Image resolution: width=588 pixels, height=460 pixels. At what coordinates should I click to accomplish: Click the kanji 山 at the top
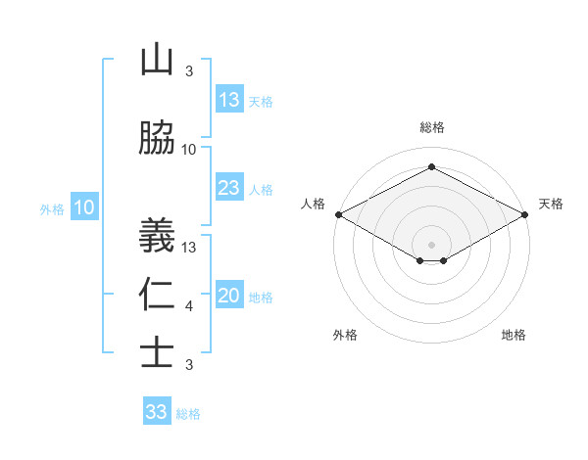point(157,61)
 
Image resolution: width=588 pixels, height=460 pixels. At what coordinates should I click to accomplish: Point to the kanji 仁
point(157,296)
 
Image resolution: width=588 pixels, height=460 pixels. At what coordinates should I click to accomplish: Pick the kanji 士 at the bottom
point(157,352)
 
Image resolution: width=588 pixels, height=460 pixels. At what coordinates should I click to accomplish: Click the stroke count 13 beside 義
point(189,247)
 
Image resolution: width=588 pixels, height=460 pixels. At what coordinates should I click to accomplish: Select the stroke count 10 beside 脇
point(189,150)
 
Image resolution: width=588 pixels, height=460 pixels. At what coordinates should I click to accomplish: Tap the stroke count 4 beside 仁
point(189,306)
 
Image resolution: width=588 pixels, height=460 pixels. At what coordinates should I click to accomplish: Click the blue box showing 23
point(228,189)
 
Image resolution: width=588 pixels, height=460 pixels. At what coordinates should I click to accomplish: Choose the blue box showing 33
point(156,412)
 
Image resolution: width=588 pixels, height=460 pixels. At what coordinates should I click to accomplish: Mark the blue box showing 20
point(228,297)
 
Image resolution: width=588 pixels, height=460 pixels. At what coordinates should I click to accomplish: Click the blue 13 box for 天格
point(228,100)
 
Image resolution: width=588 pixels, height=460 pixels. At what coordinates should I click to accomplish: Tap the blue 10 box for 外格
point(84,207)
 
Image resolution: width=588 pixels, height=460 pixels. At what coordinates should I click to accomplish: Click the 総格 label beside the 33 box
point(188,414)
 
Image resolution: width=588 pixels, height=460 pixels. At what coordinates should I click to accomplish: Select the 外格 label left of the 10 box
point(52,209)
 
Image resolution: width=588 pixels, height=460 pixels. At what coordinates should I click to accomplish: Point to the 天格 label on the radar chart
point(551,204)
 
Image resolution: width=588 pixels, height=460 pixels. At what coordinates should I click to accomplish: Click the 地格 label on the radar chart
point(514,335)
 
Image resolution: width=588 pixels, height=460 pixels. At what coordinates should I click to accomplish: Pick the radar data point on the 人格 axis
point(338,214)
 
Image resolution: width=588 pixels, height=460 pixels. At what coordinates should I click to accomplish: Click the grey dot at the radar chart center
point(431,244)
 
